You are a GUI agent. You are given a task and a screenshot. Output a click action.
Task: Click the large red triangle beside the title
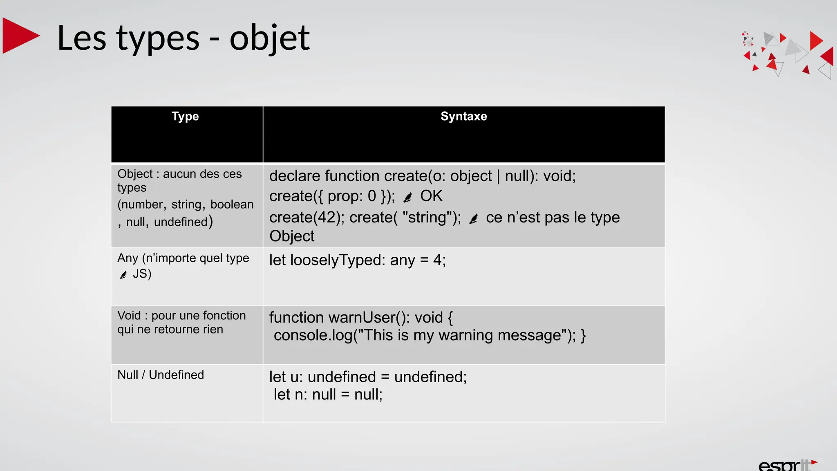(x=20, y=36)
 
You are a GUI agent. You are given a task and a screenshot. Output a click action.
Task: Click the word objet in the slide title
(x=269, y=38)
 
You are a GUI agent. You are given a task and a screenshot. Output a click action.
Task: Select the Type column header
(x=185, y=117)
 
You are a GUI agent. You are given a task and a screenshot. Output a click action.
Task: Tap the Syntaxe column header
(x=463, y=117)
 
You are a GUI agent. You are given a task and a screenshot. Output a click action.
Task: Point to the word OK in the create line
(x=431, y=196)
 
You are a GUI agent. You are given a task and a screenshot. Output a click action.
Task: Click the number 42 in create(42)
(x=327, y=218)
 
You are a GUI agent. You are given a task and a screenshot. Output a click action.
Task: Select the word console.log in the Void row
(x=313, y=336)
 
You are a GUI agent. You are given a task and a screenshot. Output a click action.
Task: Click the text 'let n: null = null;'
(x=328, y=395)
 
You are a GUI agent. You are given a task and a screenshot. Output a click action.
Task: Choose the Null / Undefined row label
(x=161, y=375)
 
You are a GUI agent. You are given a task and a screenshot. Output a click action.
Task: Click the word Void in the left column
(x=129, y=316)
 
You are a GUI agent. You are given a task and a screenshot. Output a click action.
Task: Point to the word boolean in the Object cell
(x=232, y=204)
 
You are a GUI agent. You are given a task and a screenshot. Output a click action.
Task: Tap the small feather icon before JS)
(x=123, y=275)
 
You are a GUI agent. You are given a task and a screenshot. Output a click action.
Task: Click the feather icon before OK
(x=407, y=198)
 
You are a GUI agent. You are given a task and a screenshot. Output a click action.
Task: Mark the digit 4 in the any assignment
(x=437, y=260)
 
